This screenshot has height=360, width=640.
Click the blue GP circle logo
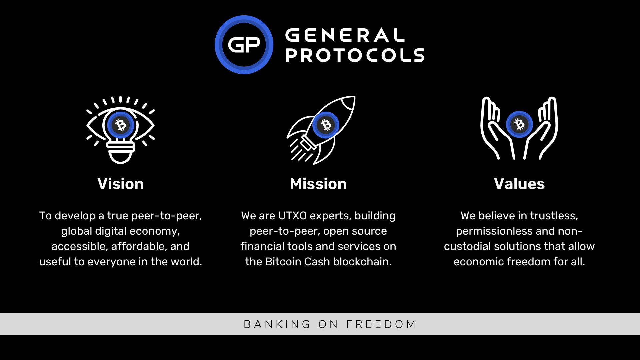click(244, 45)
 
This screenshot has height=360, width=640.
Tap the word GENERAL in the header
click(345, 35)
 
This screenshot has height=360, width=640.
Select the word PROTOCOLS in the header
click(355, 55)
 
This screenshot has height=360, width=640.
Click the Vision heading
click(121, 184)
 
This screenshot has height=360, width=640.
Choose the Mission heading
click(318, 184)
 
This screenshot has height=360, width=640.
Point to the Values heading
click(519, 184)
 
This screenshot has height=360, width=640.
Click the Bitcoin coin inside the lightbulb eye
click(121, 125)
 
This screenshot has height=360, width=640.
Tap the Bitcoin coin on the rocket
click(326, 125)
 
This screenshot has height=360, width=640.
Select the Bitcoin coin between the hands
click(519, 124)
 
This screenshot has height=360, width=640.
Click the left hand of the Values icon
click(493, 130)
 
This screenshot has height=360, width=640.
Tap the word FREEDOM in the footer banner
click(381, 324)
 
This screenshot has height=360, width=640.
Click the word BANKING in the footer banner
click(277, 324)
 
